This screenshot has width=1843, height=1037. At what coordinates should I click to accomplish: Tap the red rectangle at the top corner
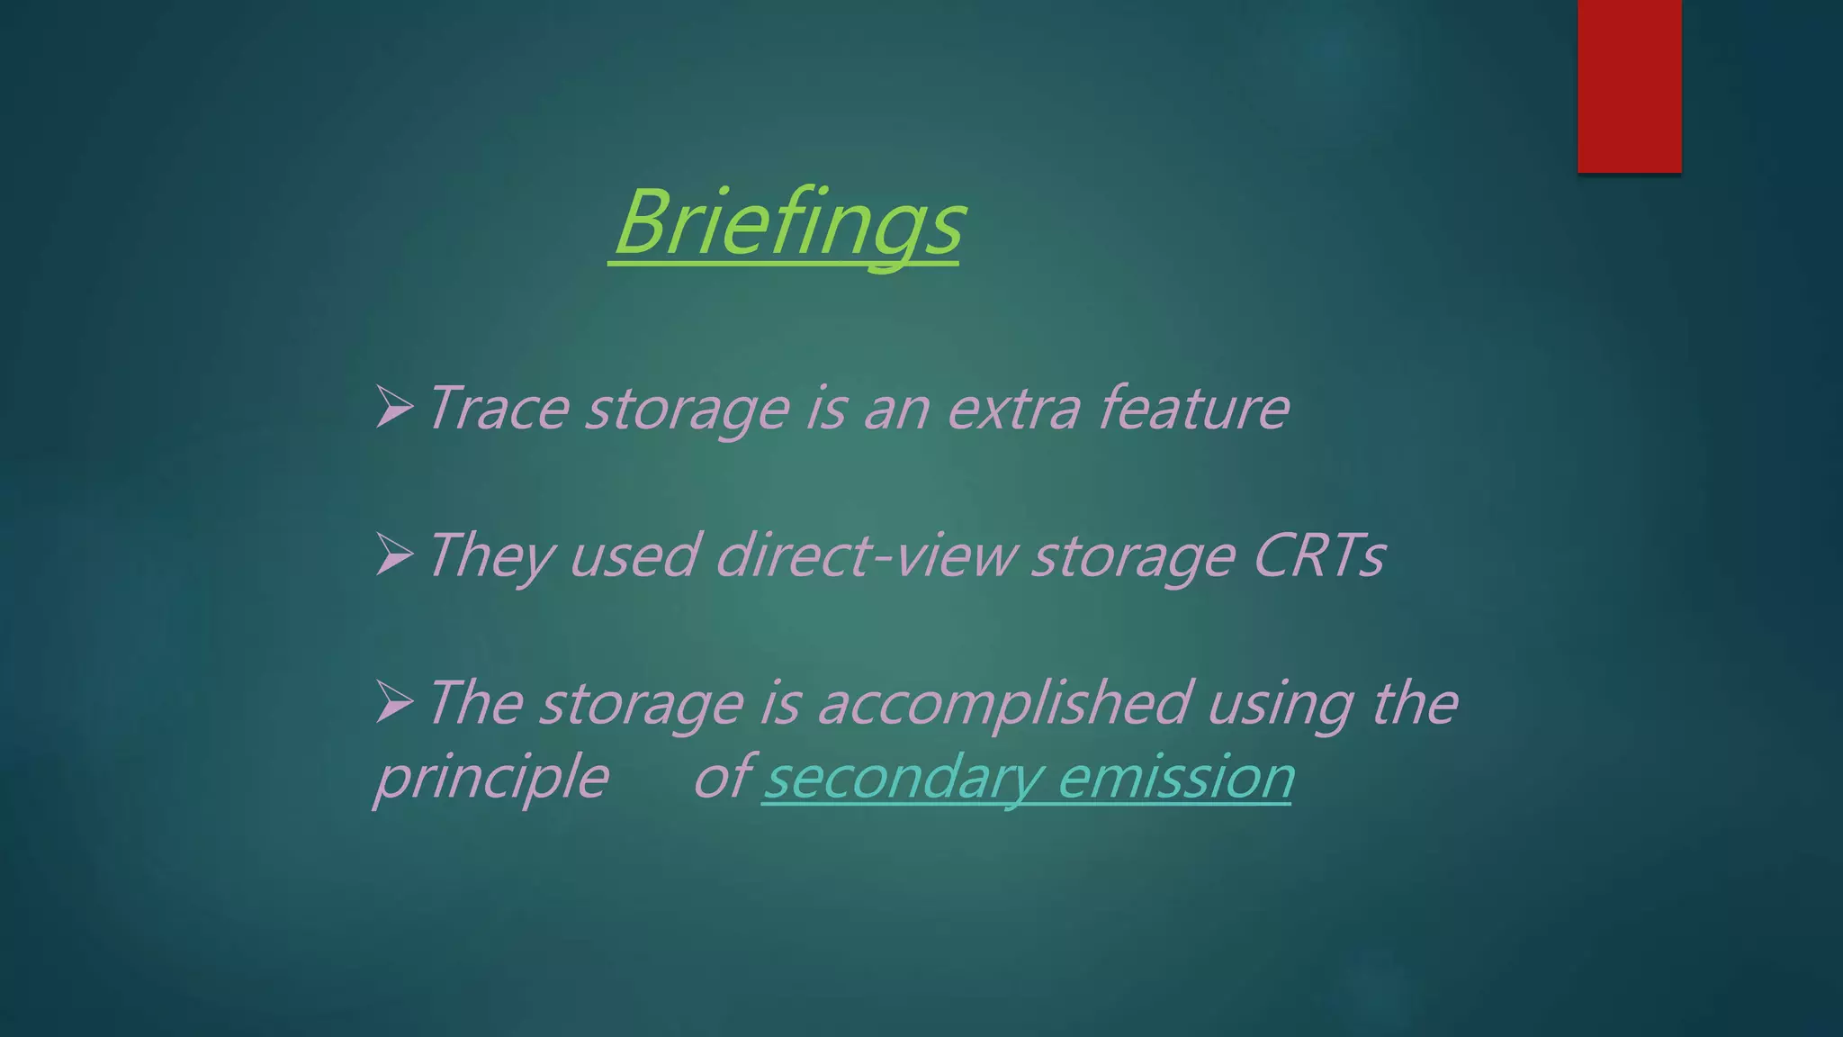click(x=1629, y=86)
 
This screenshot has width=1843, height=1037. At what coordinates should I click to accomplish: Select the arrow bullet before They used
click(x=394, y=555)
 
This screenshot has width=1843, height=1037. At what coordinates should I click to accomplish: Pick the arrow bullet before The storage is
click(x=394, y=702)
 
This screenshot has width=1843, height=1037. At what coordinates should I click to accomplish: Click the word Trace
click(x=498, y=409)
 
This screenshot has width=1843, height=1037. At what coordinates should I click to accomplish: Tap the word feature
click(x=1194, y=409)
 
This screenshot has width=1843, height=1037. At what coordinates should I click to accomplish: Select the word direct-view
click(x=866, y=556)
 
